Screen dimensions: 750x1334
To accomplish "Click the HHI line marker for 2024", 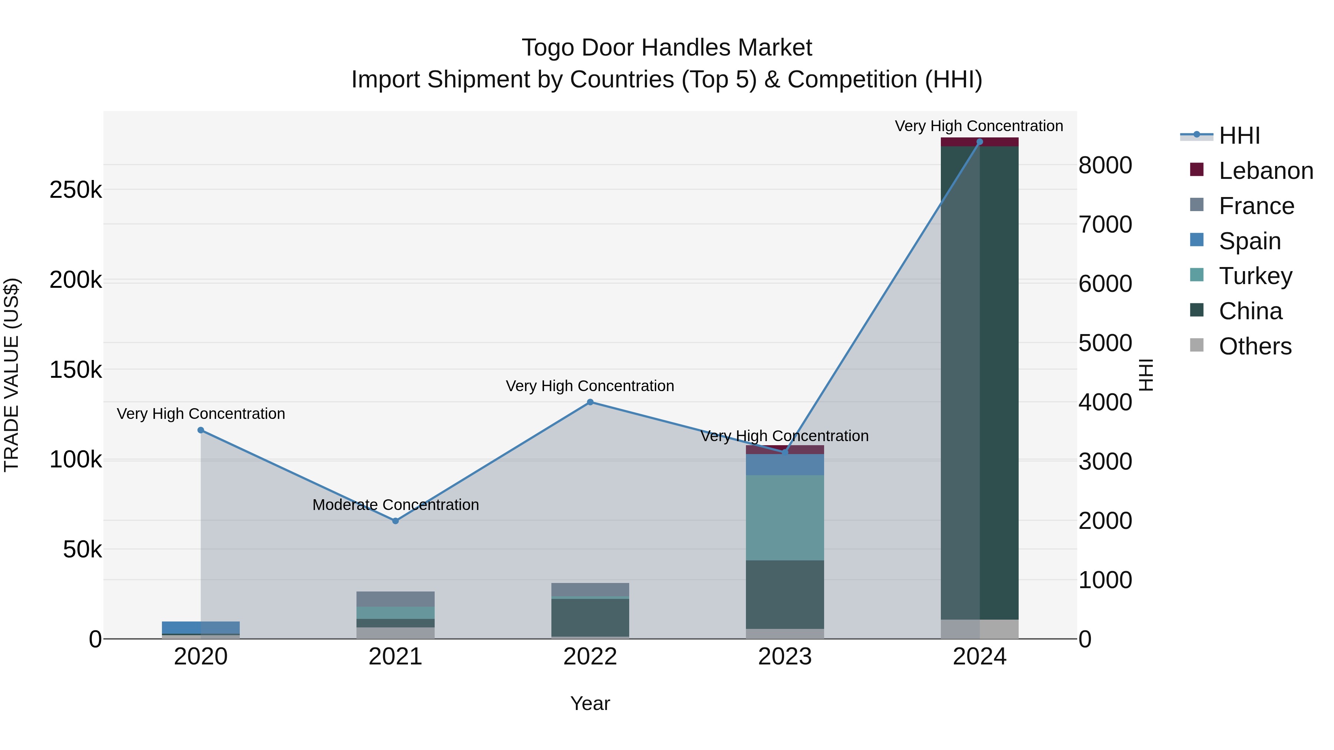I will tap(979, 142).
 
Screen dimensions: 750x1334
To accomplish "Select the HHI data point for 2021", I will tap(396, 521).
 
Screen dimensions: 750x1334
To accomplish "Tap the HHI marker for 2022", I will tap(590, 402).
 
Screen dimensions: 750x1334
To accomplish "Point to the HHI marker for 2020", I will tap(201, 430).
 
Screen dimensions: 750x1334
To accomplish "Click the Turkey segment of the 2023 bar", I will tap(784, 518).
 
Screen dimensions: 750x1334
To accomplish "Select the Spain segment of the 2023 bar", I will tap(784, 465).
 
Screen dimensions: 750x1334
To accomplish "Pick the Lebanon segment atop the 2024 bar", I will tap(979, 142).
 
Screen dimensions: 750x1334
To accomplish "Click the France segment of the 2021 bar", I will tap(396, 599).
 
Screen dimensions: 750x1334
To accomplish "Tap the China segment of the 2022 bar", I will tap(590, 617).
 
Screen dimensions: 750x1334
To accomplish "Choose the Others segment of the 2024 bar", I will tap(979, 629).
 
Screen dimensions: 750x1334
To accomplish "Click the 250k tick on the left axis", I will tap(76, 190).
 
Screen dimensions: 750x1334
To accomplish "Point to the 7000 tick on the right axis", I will tap(1105, 225).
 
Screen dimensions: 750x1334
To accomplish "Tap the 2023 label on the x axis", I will tap(784, 657).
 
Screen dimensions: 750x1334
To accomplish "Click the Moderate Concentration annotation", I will tap(396, 505).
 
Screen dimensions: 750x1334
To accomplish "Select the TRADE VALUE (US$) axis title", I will tap(11, 375).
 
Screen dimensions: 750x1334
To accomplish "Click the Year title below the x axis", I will tap(590, 703).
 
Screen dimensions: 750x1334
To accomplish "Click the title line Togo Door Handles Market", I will tap(667, 48).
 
